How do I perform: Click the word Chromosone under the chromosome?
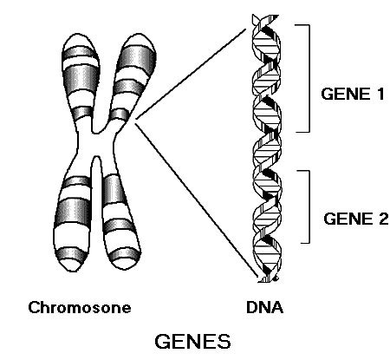[x=79, y=308]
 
